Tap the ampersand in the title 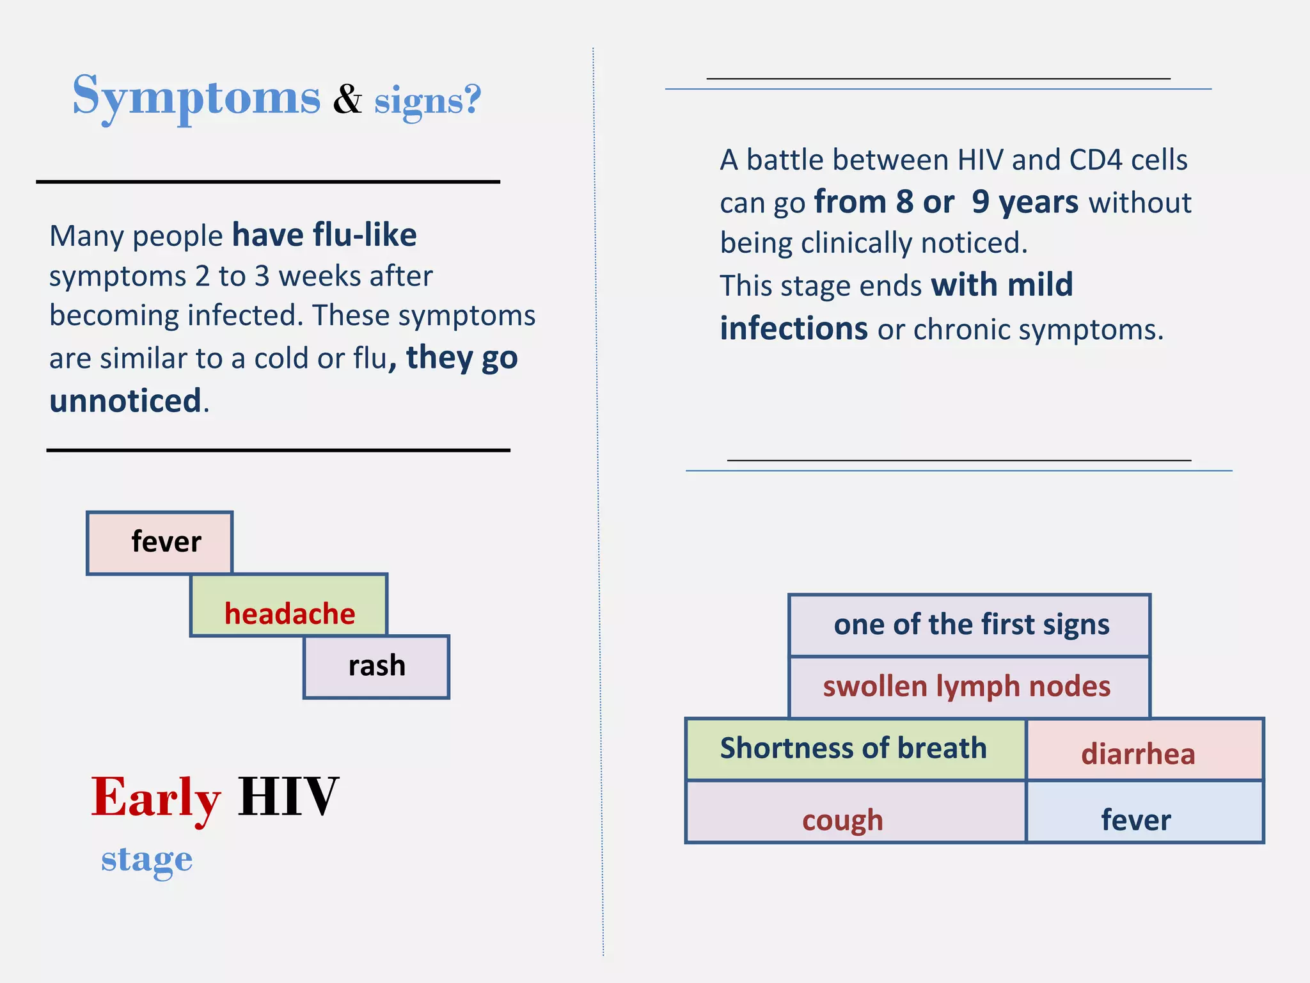(x=347, y=100)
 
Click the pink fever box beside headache (x=160, y=543)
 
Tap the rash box (x=377, y=667)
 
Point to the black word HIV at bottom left (x=288, y=797)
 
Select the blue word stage (x=146, y=859)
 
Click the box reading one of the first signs (x=970, y=625)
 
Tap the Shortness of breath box (x=855, y=749)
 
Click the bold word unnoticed (x=125, y=401)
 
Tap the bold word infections (x=794, y=329)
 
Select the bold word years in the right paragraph (x=1038, y=202)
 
